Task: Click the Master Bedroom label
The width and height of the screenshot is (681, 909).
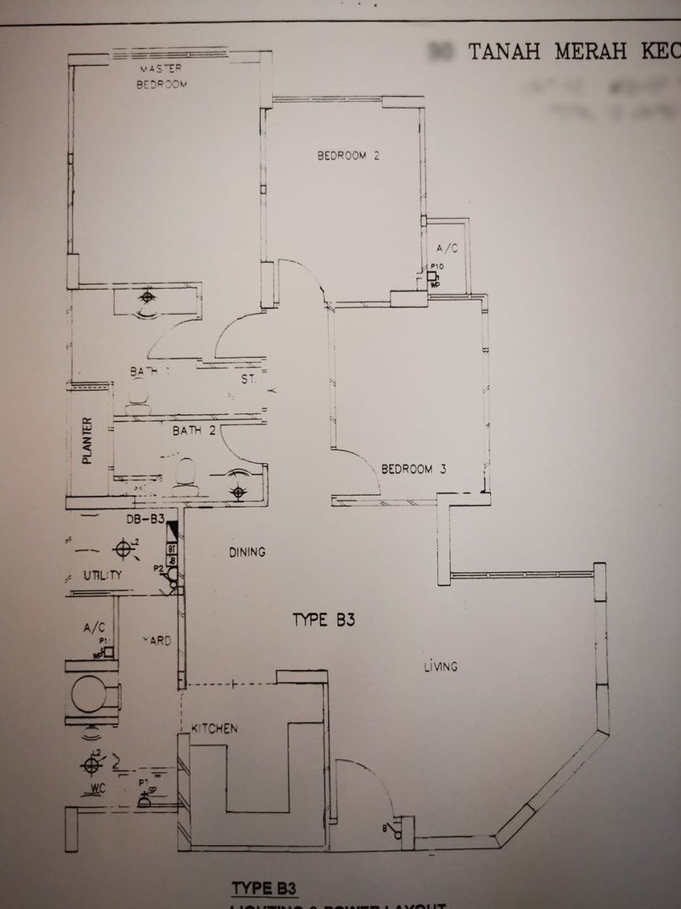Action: point(162,76)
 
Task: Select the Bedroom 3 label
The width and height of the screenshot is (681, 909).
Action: point(413,469)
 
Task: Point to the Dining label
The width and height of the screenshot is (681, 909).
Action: point(247,552)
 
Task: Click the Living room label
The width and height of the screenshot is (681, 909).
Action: point(441,667)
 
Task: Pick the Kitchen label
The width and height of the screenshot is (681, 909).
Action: point(214,728)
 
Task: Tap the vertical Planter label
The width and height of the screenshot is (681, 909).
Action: point(87,442)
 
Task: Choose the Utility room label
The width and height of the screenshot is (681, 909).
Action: point(103,576)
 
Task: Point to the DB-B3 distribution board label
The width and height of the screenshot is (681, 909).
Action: point(145,520)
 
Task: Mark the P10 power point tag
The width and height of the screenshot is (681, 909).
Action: point(436,267)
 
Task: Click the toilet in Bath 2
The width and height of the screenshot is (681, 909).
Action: point(187,473)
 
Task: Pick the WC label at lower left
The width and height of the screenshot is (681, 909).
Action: point(100,790)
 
